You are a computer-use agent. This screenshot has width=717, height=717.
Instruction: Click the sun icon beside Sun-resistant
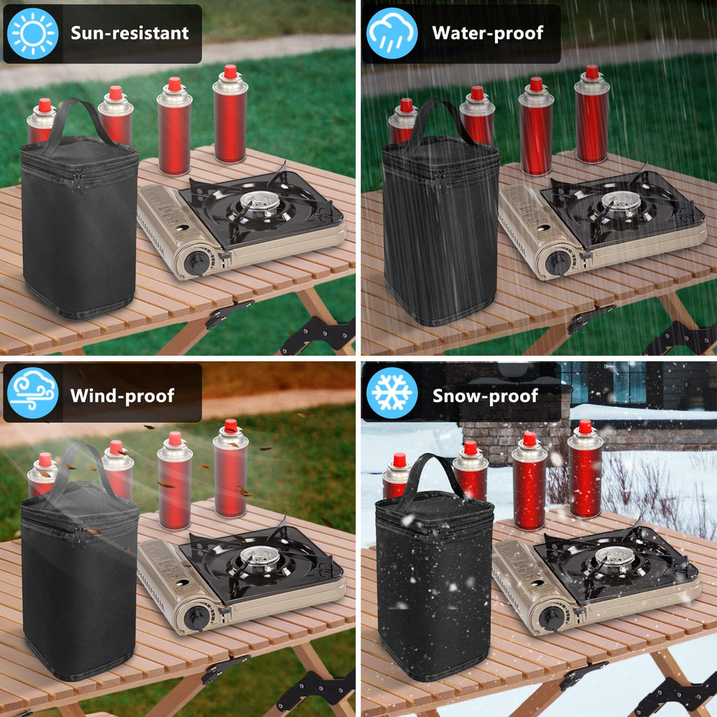point(33,34)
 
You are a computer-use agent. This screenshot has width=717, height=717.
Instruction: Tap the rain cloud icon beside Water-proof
point(392,34)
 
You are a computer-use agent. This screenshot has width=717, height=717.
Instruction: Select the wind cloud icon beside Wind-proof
point(33,393)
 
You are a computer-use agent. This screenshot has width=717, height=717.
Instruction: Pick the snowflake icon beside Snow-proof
point(392,393)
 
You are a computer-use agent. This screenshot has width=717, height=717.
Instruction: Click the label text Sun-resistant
point(130,33)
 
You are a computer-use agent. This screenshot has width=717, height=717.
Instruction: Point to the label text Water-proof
point(488,33)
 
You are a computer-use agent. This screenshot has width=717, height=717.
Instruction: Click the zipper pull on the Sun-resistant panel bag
point(77,183)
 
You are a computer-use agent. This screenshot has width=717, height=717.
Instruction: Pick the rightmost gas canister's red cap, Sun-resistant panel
point(230,71)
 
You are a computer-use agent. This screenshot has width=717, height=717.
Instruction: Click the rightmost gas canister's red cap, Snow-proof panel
point(585,426)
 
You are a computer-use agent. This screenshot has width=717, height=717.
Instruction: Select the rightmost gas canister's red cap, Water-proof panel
point(592,71)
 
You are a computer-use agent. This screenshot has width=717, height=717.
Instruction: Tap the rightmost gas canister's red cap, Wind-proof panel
point(231,426)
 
